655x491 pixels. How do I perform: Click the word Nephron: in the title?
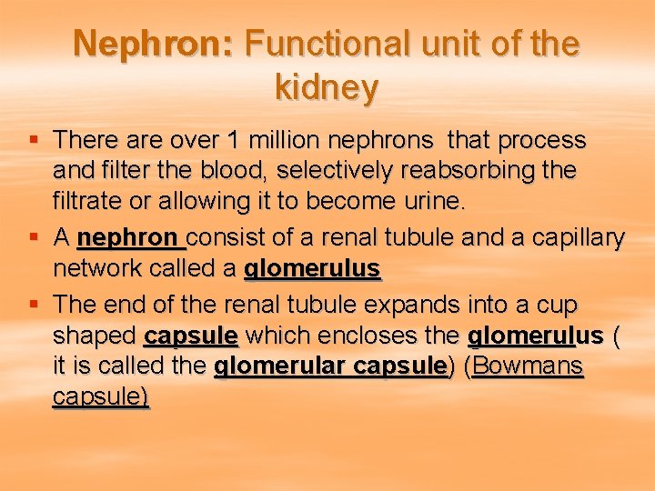click(155, 44)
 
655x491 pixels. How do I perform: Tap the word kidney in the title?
click(326, 88)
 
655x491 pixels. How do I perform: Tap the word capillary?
click(577, 238)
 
